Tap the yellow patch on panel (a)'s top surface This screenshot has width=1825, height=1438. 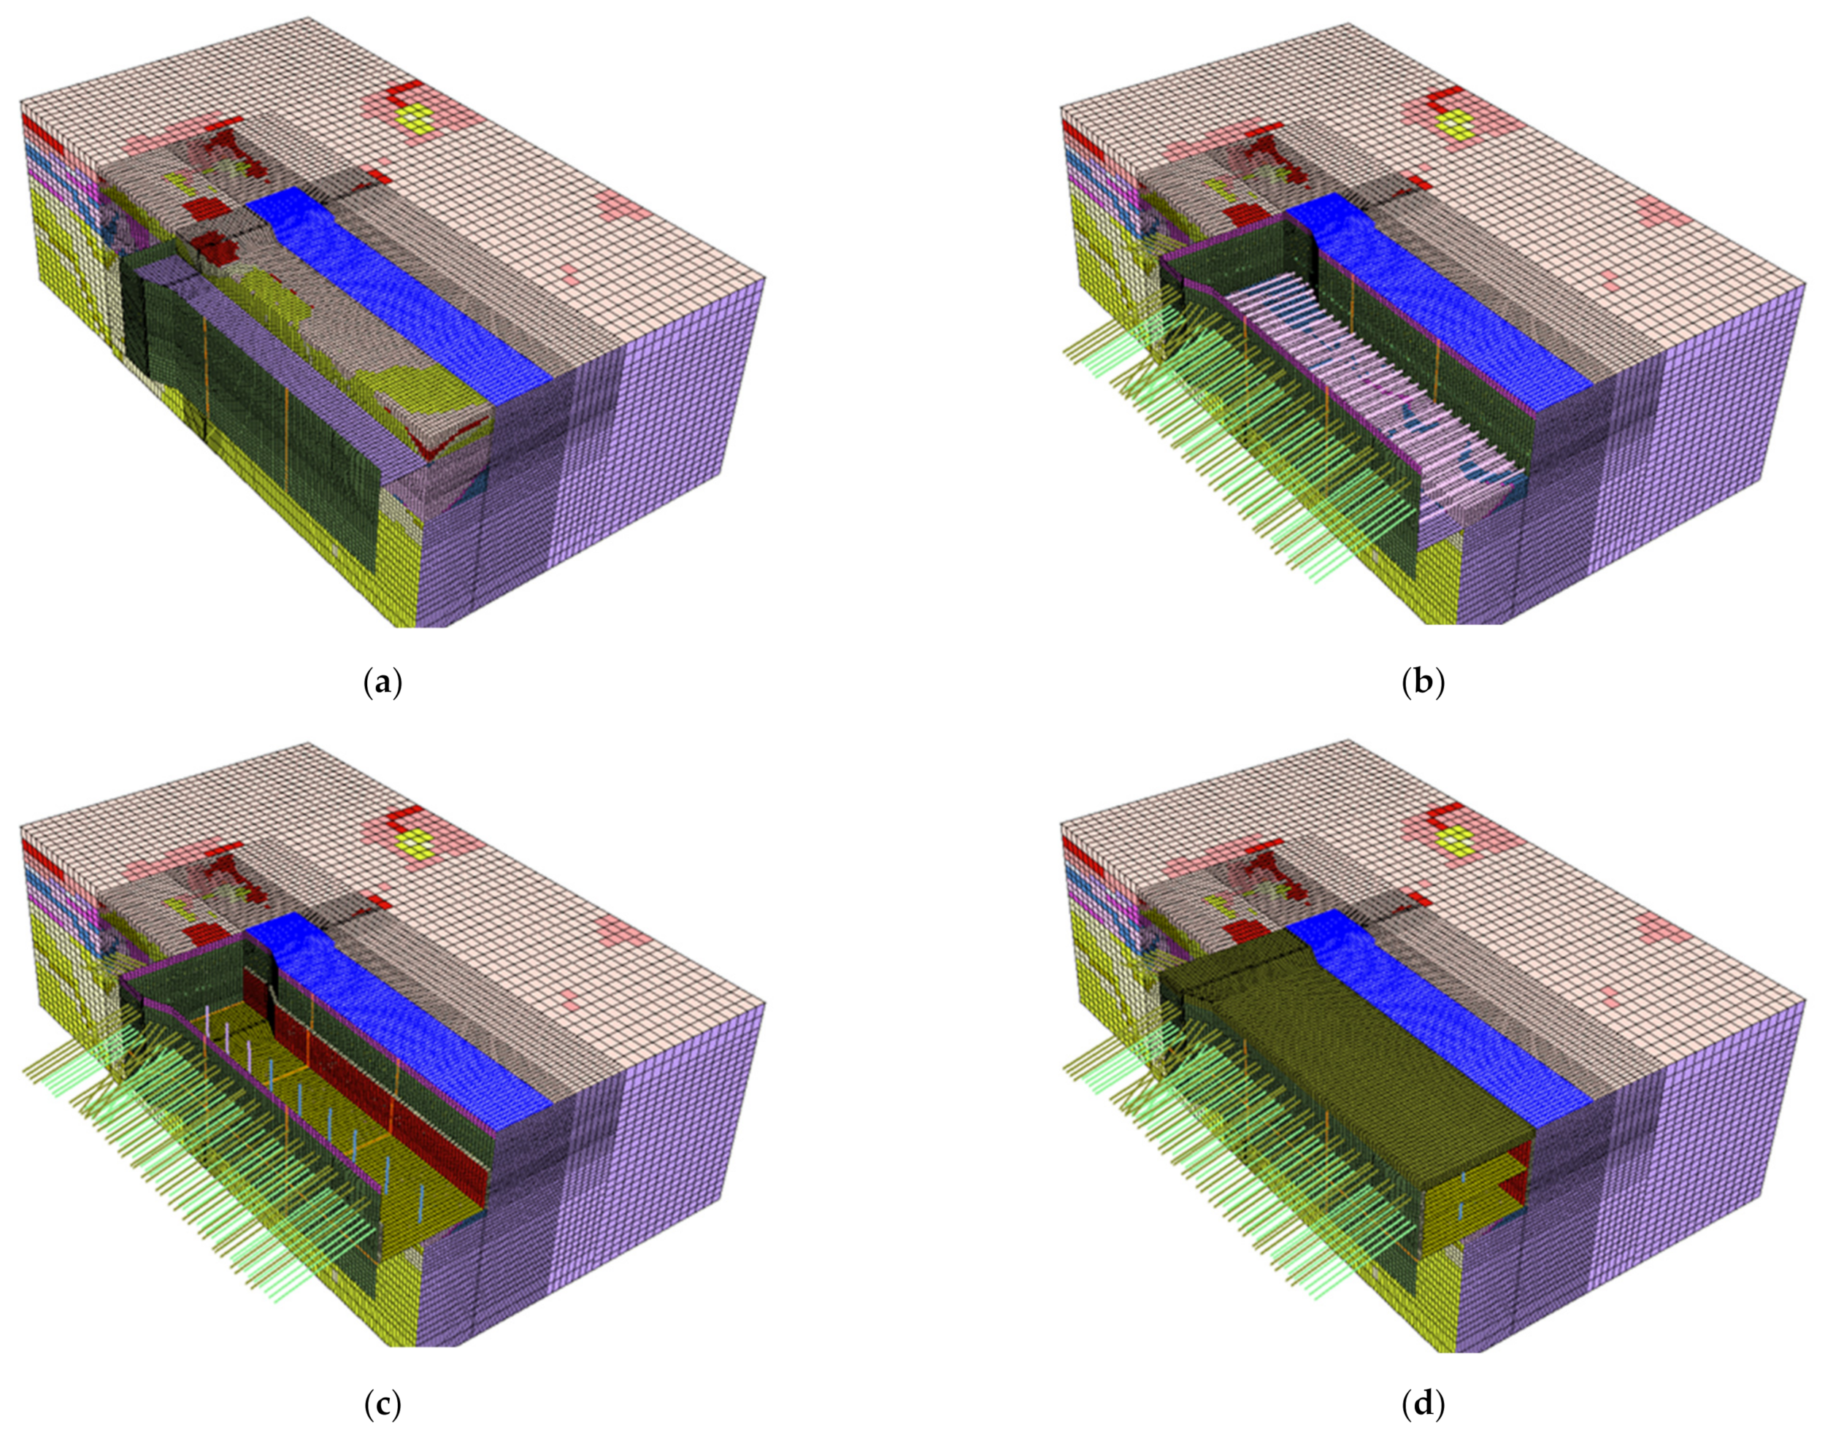pos(416,119)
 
